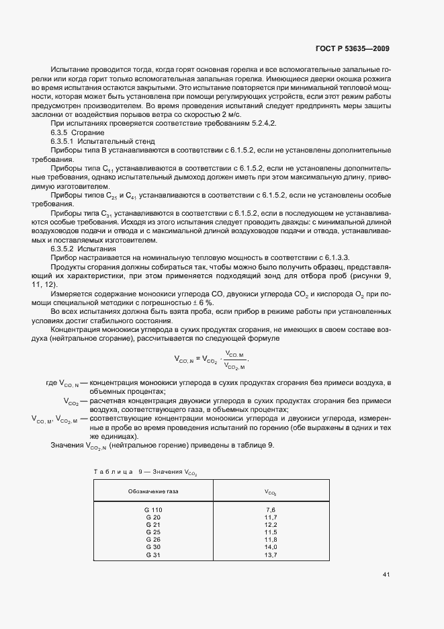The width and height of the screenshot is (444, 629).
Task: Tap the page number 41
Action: [386, 575]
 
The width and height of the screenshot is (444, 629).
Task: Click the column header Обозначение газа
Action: [153, 491]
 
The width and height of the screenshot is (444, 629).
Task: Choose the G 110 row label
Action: [154, 511]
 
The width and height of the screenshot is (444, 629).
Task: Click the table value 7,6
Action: [271, 511]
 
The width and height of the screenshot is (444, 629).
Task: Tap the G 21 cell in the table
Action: [153, 525]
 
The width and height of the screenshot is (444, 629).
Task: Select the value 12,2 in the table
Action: [271, 525]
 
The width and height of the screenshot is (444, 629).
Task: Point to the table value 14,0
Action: [271, 546]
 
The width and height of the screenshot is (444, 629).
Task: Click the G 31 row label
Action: [153, 554]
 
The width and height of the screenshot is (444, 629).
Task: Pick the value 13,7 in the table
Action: [271, 554]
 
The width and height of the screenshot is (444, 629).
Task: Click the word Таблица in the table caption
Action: [113, 472]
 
